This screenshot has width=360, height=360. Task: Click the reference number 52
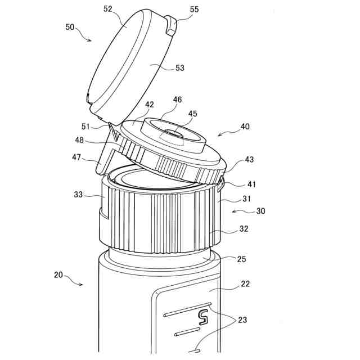[107, 9]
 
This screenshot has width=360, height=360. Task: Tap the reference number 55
[194, 10]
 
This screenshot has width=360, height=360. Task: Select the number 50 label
[70, 27]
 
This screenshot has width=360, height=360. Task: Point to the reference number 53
[180, 68]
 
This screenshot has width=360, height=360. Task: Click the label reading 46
[177, 100]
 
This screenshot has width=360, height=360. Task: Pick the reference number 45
[192, 114]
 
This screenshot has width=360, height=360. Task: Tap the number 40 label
[245, 126]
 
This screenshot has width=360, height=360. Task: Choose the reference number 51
[85, 127]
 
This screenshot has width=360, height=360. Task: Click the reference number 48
[79, 140]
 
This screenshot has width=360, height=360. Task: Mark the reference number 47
[76, 157]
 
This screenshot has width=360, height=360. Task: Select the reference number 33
[78, 195]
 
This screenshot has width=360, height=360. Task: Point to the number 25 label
[241, 259]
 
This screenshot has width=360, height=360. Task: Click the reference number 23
[242, 320]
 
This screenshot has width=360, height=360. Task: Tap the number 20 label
[58, 275]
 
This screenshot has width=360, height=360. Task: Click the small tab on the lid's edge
[171, 25]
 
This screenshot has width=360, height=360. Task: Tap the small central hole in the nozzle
[174, 133]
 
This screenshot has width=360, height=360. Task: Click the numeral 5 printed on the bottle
[204, 317]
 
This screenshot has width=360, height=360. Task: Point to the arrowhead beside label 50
[89, 40]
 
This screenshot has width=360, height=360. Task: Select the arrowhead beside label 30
[234, 211]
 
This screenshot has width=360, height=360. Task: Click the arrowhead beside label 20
[80, 285]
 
